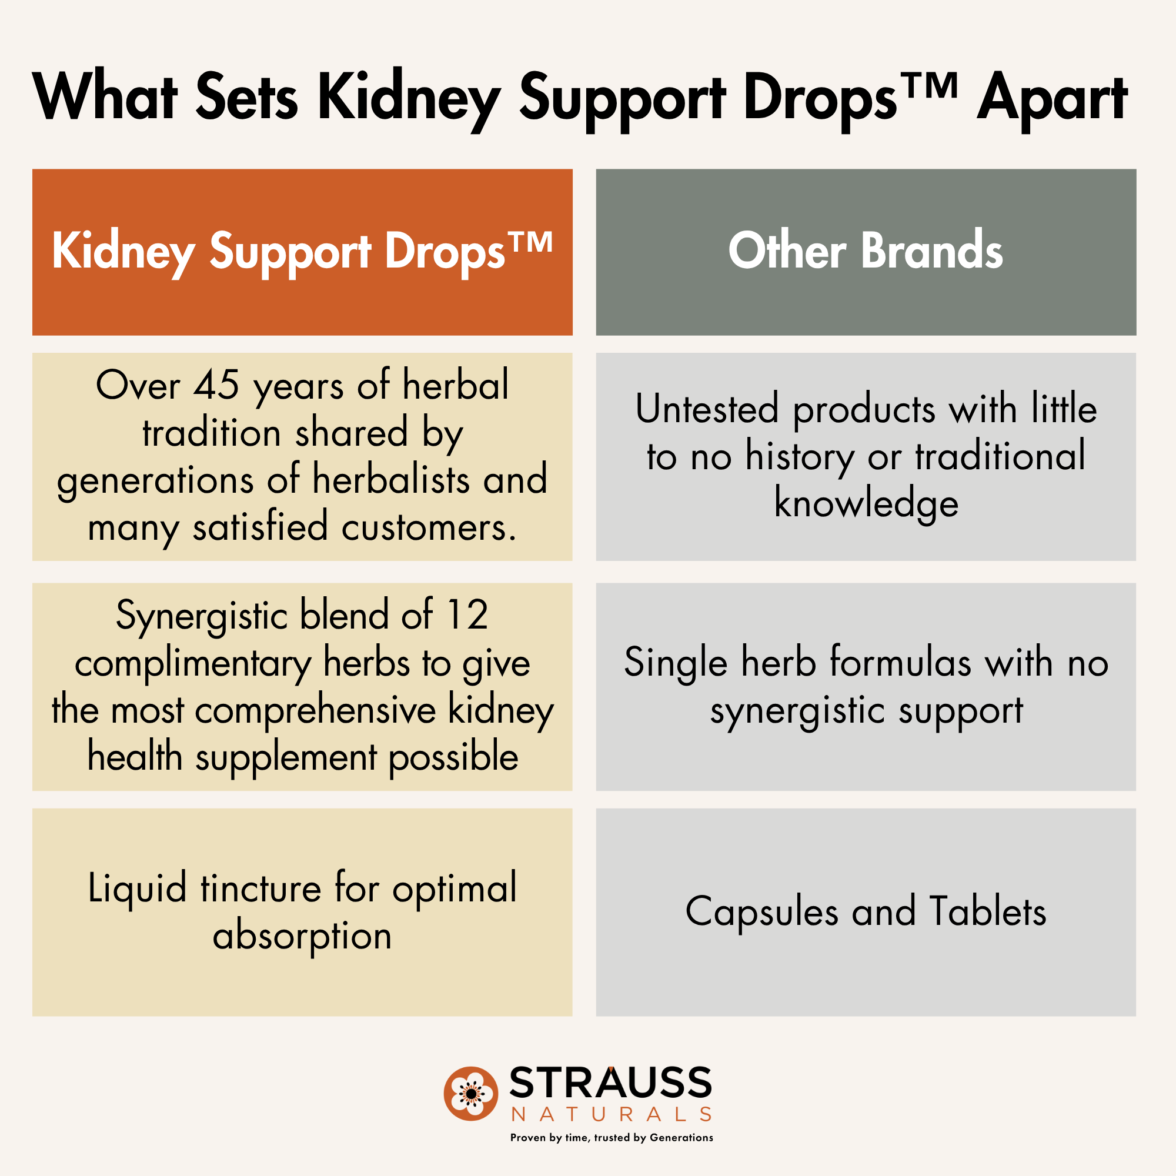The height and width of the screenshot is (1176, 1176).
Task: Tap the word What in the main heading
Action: (105, 98)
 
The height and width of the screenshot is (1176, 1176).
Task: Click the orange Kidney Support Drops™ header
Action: (302, 252)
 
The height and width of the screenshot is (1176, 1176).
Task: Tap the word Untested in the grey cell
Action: (707, 409)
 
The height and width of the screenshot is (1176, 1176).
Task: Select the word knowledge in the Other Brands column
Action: (866, 505)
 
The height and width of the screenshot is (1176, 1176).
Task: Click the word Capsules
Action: (761, 912)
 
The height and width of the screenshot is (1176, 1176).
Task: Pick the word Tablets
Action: (988, 911)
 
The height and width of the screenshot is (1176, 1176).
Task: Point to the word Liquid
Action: (137, 889)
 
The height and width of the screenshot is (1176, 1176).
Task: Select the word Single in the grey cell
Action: (676, 663)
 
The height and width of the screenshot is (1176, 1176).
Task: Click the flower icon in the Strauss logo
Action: (470, 1094)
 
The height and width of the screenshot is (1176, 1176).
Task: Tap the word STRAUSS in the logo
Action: (610, 1083)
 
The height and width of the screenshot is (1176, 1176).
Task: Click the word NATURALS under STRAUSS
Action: (611, 1114)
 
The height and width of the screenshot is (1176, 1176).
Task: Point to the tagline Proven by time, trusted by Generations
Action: (611, 1138)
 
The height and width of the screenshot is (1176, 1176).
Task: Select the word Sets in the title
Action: (247, 98)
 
